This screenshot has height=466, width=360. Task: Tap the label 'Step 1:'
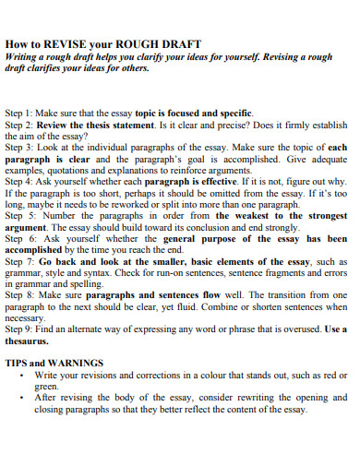pos(20,112)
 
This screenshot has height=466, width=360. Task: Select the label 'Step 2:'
pos(20,124)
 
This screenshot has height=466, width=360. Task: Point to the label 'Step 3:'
pos(20,147)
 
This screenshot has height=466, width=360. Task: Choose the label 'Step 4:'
pos(20,182)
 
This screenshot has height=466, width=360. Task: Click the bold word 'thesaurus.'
pos(29,342)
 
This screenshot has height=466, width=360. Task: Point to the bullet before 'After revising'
pos(21,400)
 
